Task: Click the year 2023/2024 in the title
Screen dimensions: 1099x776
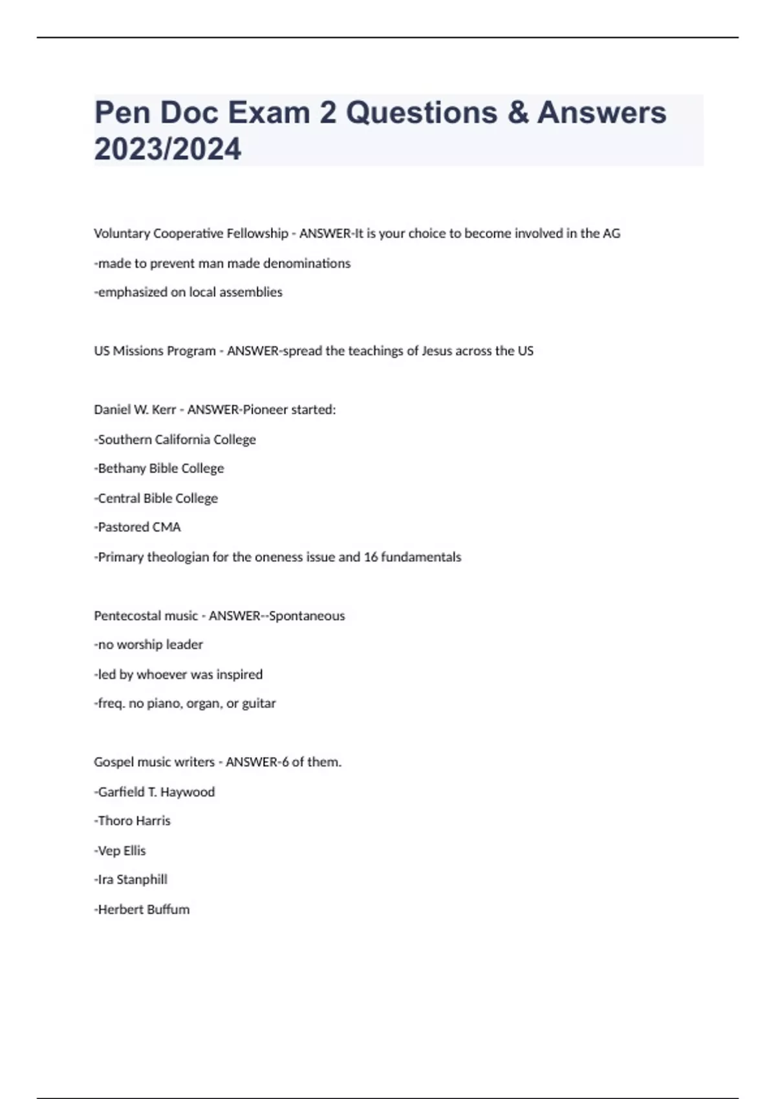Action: pos(167,149)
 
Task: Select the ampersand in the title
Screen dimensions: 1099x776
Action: pos(517,112)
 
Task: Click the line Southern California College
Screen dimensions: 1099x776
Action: pos(175,440)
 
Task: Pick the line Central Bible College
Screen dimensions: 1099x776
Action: pos(156,498)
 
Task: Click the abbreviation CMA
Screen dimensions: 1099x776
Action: pos(166,528)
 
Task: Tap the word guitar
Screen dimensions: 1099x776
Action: pos(259,703)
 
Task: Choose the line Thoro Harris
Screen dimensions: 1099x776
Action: pos(133,821)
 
